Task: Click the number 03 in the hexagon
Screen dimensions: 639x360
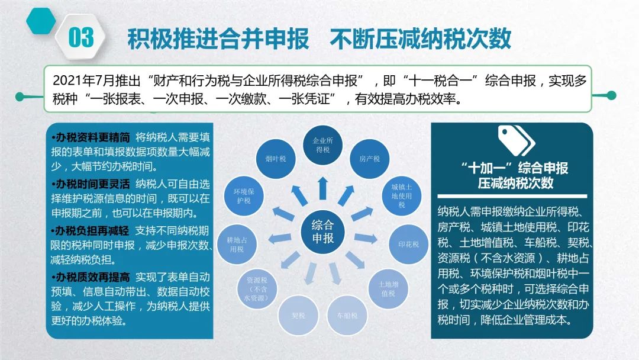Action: click(x=81, y=37)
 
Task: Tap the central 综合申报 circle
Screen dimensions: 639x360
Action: click(x=323, y=232)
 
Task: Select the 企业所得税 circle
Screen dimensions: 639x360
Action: click(x=323, y=145)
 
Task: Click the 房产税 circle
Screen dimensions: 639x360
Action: click(x=370, y=159)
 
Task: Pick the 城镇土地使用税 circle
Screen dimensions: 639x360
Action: click(x=401, y=196)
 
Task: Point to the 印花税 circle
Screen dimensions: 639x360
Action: click(x=409, y=244)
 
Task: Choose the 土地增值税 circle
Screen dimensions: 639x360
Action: click(x=388, y=289)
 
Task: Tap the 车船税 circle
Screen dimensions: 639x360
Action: click(x=347, y=315)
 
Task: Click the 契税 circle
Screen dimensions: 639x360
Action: click(x=298, y=315)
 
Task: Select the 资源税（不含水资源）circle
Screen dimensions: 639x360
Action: click(x=257, y=289)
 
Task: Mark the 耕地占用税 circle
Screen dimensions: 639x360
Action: click(x=237, y=244)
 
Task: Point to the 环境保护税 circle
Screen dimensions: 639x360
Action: click(x=244, y=196)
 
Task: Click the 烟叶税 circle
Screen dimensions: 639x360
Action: click(x=276, y=159)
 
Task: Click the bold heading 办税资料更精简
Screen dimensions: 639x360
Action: click(x=91, y=137)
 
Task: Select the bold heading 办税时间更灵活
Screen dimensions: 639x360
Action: click(x=91, y=184)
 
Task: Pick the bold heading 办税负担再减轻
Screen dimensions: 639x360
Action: click(x=91, y=231)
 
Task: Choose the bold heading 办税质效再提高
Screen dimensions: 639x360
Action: click(x=91, y=278)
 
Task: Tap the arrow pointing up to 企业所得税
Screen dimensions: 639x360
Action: click(x=323, y=188)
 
